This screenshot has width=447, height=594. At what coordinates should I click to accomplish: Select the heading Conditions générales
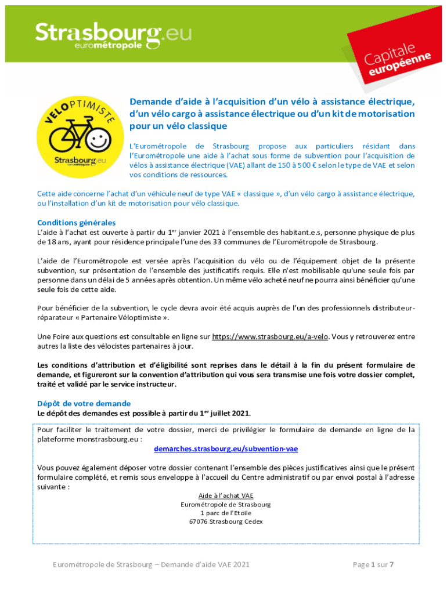(x=76, y=223)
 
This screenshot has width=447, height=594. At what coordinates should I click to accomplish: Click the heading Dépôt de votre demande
(x=84, y=403)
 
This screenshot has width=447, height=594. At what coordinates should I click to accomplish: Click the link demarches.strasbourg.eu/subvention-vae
(x=226, y=449)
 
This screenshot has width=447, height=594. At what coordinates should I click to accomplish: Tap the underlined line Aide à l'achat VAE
(x=226, y=496)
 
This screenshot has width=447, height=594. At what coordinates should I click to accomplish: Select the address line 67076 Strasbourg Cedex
(x=226, y=521)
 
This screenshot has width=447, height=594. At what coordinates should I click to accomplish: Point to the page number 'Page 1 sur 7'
(x=373, y=564)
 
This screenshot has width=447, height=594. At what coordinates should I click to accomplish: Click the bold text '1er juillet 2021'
(x=225, y=413)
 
